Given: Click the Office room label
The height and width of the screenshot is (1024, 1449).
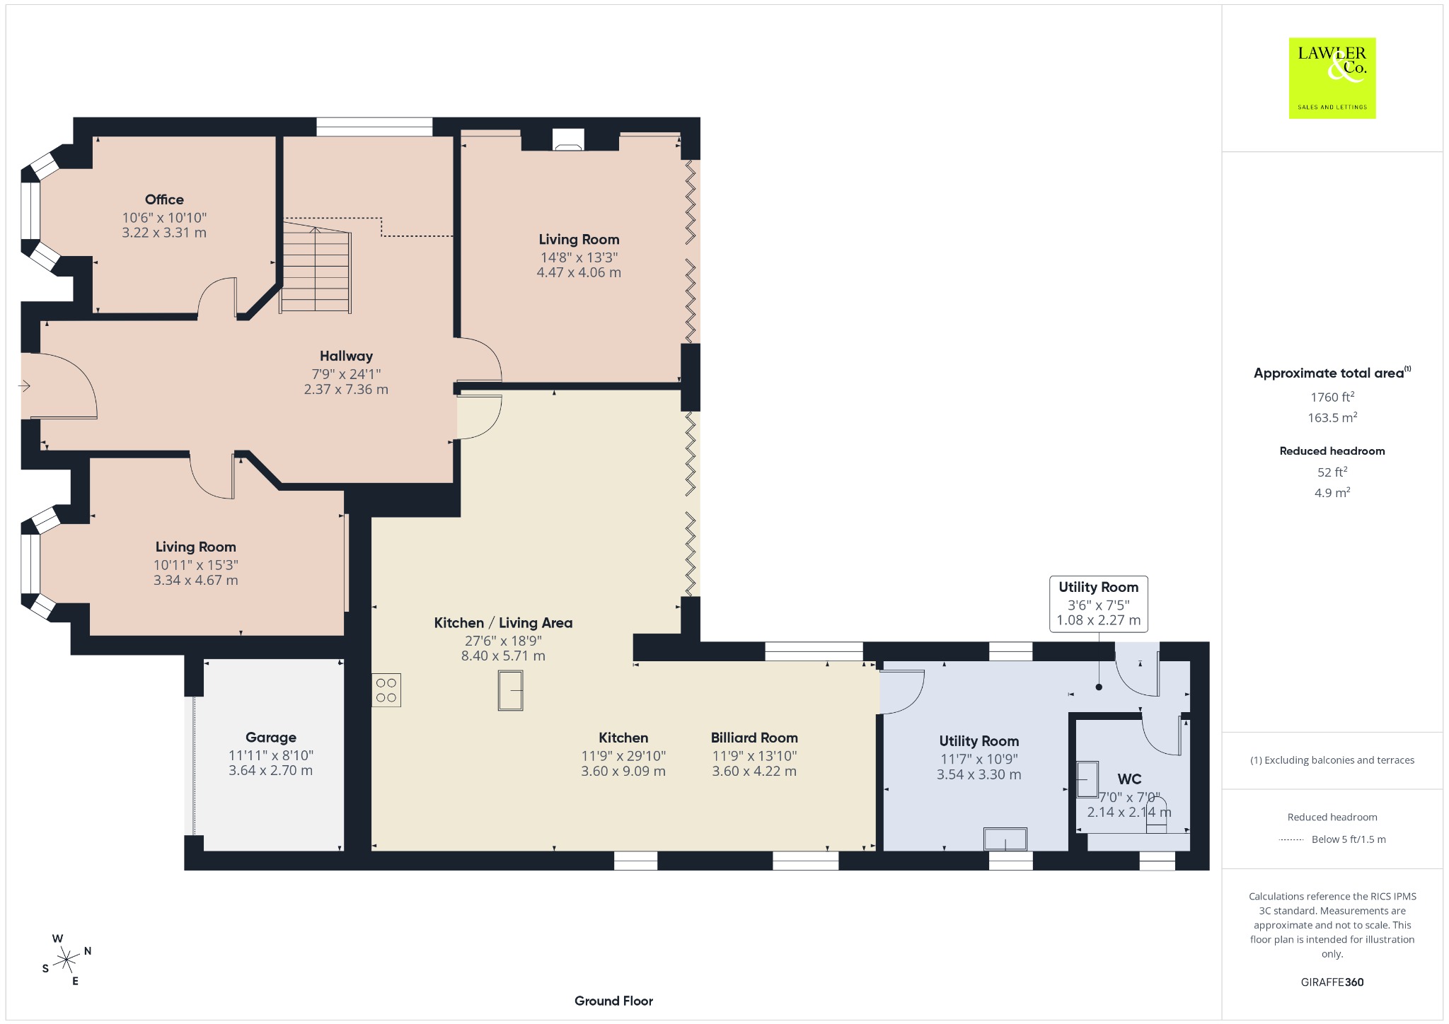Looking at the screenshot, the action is click(164, 200).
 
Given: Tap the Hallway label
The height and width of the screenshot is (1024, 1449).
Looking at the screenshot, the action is click(346, 356).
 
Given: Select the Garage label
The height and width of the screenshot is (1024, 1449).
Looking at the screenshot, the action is click(271, 738).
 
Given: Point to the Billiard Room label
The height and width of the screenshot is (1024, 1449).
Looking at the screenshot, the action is click(754, 738).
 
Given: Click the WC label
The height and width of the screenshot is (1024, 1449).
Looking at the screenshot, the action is click(1129, 779).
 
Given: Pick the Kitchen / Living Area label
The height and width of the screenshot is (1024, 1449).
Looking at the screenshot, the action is click(503, 623).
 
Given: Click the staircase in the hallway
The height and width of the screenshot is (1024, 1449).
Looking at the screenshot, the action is click(316, 266).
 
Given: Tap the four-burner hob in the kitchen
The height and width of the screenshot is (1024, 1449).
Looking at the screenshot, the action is click(386, 690).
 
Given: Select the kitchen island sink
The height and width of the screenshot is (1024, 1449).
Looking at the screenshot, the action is click(510, 690).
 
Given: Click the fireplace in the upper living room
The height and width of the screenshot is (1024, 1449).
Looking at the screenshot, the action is click(568, 140).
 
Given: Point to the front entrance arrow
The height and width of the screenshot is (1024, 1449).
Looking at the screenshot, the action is click(25, 386).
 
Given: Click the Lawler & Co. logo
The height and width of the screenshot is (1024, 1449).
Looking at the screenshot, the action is click(1332, 78).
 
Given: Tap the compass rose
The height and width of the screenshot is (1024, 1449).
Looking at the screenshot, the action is click(67, 960).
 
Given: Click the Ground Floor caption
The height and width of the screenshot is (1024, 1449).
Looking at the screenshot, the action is click(613, 1001).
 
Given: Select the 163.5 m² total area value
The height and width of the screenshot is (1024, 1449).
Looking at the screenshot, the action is click(1332, 417).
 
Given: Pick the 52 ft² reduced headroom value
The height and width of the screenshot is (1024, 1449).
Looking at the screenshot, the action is click(1332, 472).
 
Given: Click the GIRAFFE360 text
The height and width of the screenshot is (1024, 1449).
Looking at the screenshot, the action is click(1332, 982).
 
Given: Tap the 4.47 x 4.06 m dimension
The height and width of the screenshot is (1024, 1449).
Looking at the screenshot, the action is click(579, 272).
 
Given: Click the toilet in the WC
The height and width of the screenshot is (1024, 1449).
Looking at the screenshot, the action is click(1156, 815).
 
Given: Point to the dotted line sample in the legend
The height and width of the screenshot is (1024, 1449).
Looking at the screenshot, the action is click(1291, 840).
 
